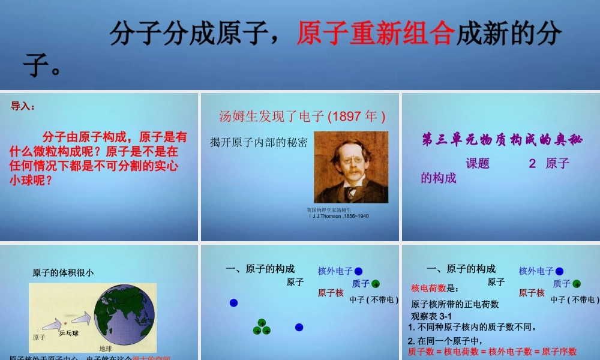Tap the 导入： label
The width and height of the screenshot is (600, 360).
(23, 106)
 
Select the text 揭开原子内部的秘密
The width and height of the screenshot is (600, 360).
(259, 142)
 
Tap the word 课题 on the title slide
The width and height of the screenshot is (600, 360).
(478, 164)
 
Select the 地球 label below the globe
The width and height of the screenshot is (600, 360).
(106, 348)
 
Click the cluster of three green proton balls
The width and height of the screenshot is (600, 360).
(262, 328)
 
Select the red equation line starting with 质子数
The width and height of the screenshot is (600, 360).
(492, 352)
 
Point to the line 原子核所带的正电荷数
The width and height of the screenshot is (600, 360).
(455, 304)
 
